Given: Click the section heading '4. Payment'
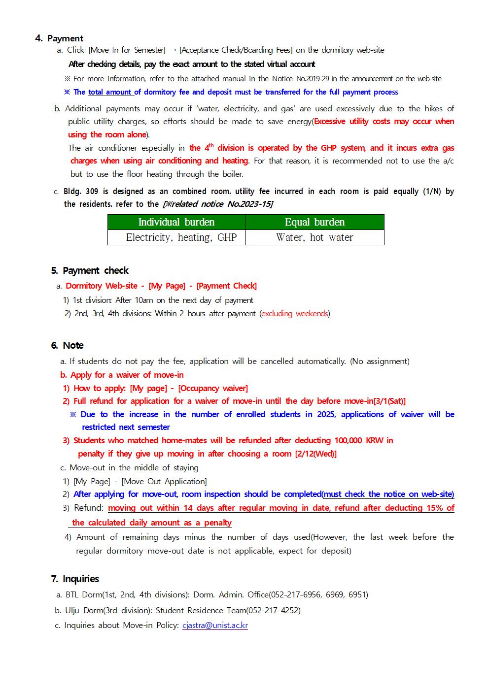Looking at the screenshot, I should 59,38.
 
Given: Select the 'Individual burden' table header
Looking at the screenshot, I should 176,222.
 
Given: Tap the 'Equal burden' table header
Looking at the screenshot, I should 314,222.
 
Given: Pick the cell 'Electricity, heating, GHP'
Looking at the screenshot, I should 181,237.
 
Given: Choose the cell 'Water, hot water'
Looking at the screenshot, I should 314,237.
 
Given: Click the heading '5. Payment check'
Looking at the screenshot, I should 90,270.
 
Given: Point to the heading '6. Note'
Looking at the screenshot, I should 68,345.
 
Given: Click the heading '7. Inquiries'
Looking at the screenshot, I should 75,579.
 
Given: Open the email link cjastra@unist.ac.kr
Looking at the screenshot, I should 215,625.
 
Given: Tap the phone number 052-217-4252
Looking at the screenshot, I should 274,610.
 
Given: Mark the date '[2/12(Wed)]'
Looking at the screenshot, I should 315,454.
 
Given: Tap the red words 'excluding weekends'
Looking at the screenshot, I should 294,313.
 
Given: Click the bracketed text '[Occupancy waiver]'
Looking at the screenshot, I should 213,388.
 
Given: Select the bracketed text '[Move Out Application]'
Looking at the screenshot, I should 164,481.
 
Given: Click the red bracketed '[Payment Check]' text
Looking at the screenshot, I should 226,286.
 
